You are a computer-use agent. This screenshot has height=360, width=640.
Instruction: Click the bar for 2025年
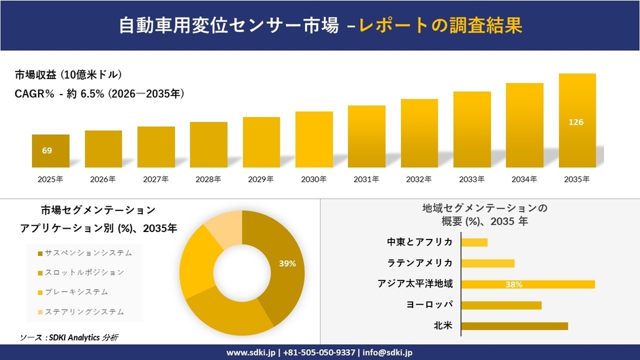(50, 151)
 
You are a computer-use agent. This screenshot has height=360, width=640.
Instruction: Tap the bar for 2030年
(314, 140)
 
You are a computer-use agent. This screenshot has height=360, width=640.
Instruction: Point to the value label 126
(576, 122)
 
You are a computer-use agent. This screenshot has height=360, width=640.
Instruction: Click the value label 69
(47, 150)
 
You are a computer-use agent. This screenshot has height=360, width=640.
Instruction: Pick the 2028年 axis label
(208, 180)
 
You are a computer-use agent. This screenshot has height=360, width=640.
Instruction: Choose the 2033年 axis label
(472, 180)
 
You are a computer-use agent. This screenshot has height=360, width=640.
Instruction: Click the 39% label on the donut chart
(287, 263)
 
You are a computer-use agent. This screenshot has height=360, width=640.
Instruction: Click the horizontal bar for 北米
(514, 326)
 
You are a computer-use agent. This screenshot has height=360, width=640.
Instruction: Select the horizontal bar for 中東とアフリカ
(475, 242)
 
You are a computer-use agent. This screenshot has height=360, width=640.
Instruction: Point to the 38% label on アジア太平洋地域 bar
(514, 284)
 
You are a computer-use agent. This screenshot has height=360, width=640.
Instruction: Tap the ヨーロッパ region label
(431, 304)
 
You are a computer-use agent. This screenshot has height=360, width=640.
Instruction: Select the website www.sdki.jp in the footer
(251, 353)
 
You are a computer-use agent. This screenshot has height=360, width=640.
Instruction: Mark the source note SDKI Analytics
(69, 338)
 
